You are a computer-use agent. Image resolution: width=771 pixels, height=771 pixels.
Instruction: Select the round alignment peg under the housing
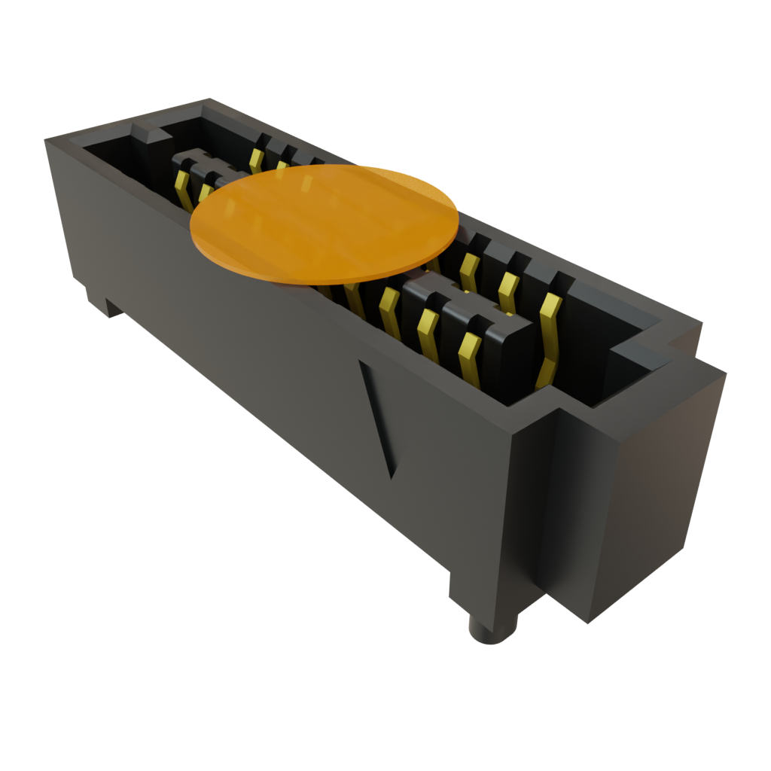pos(492,629)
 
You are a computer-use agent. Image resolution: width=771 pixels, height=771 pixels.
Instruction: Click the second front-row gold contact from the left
pos(205,193)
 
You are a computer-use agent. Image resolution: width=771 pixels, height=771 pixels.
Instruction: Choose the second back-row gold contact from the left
pos(282,167)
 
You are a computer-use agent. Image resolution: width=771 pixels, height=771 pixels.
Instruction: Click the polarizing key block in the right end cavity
pos(640,354)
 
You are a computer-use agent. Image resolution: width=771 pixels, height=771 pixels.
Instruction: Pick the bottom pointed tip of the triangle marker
pos(391,475)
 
